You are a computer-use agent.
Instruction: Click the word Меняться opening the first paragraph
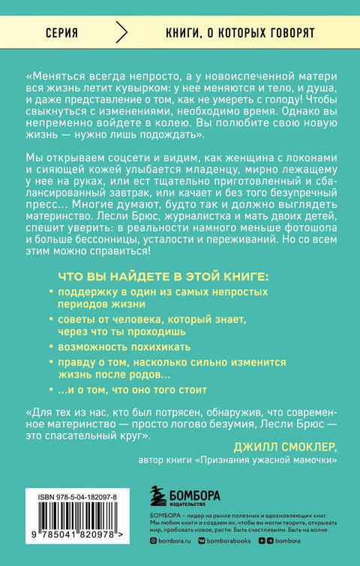click(58, 76)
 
